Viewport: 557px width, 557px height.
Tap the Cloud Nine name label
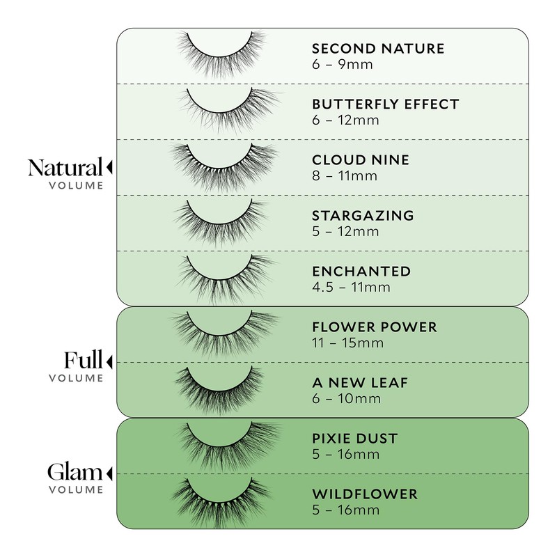click(360, 160)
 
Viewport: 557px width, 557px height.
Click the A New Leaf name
click(359, 383)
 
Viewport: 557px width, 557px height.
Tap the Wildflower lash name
click(364, 494)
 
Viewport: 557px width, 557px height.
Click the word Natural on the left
click(65, 168)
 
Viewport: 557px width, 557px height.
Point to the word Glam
click(75, 473)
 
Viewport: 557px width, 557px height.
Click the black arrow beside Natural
click(109, 167)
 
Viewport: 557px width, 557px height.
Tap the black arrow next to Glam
click(109, 473)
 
